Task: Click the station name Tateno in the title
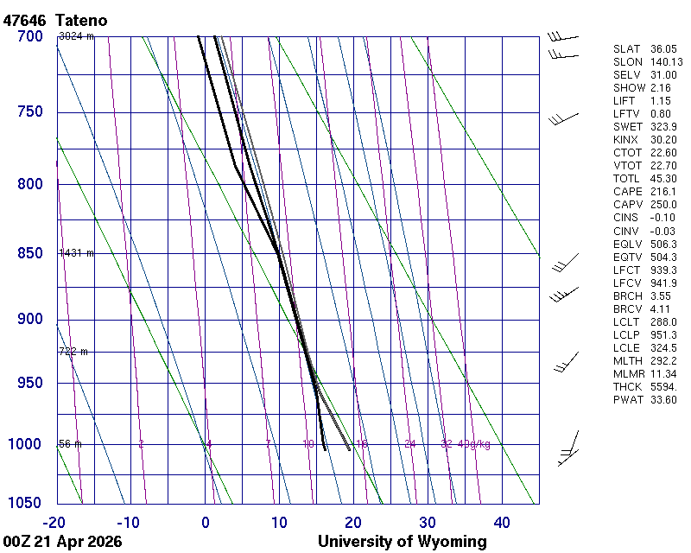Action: (x=85, y=20)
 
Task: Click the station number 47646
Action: (x=25, y=20)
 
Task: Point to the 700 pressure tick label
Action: (x=29, y=36)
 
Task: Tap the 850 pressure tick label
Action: (x=29, y=253)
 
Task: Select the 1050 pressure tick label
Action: (x=25, y=503)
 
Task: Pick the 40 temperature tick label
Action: (x=502, y=522)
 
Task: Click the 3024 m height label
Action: (x=76, y=36)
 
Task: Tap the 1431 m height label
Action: (x=76, y=253)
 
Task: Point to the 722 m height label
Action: (x=73, y=352)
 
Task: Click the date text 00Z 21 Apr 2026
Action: (x=61, y=542)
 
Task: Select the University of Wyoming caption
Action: (x=403, y=542)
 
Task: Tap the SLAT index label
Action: (x=628, y=49)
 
